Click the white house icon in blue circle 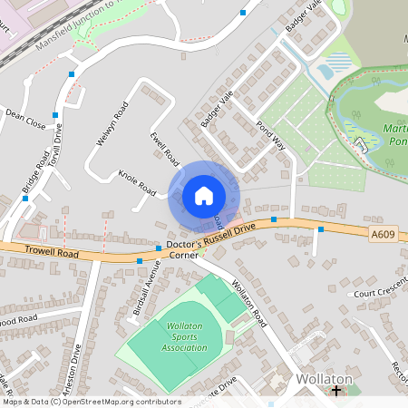pyautogui.click(x=203, y=196)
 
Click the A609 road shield pyautogui.click(x=383, y=235)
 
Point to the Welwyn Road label pyautogui.click(x=112, y=126)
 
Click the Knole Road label pyautogui.click(x=137, y=182)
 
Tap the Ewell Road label pyautogui.click(x=164, y=148)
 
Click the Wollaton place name pyautogui.click(x=323, y=378)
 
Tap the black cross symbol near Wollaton pyautogui.click(x=336, y=392)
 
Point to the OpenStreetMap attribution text pyautogui.click(x=92, y=401)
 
